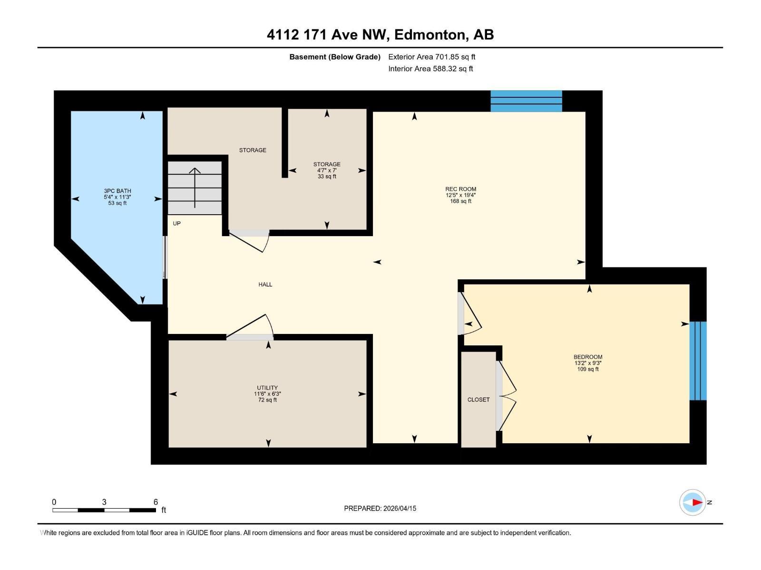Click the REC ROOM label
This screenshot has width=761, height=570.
[x=460, y=189]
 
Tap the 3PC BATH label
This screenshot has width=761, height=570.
[x=117, y=191]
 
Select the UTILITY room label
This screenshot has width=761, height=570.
[x=267, y=388]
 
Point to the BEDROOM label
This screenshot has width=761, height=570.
[x=588, y=357]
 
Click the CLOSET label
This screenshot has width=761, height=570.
[x=478, y=399]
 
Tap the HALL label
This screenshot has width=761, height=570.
[x=265, y=285]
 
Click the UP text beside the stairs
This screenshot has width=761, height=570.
[x=176, y=223]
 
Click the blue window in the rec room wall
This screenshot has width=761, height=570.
[x=526, y=101]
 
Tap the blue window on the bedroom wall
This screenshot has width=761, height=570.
[x=698, y=361]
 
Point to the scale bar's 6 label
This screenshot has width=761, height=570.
[x=156, y=502]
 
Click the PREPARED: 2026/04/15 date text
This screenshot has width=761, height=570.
[x=380, y=508]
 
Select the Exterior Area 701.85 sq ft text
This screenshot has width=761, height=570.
[x=431, y=57]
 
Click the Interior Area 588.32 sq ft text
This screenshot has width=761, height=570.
[x=430, y=68]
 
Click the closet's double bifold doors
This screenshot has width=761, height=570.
[x=506, y=396]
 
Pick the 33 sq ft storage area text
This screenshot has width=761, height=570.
[x=327, y=176]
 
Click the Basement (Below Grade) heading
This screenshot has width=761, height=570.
[x=335, y=57]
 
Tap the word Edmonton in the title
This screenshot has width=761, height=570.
[x=429, y=35]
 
